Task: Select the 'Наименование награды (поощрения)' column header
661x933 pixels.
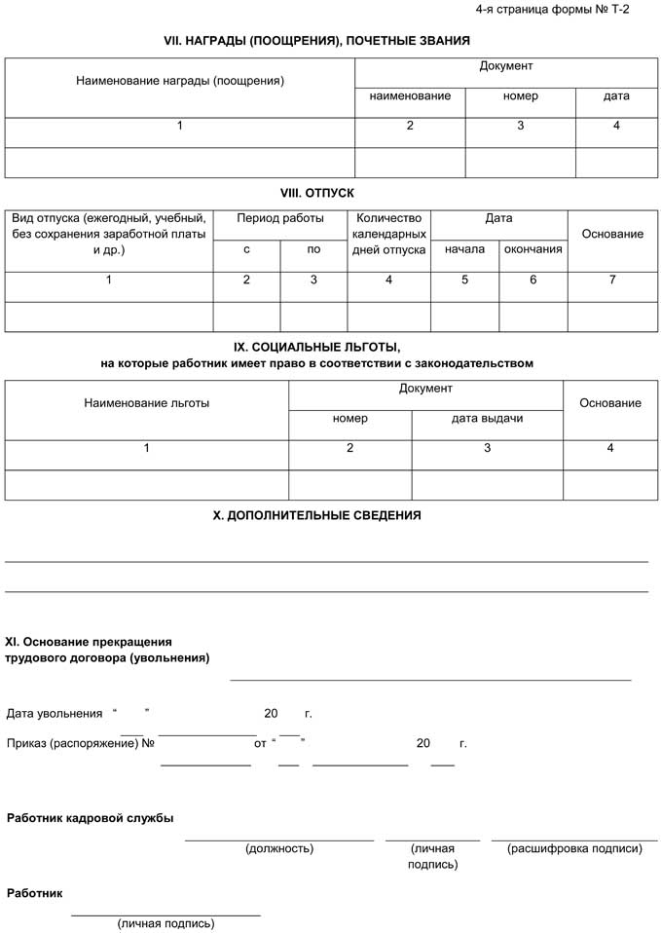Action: click(x=180, y=81)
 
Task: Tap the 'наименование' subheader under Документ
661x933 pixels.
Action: click(x=410, y=96)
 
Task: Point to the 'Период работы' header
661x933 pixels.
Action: click(x=279, y=219)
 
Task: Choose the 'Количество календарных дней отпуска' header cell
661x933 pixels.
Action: click(x=388, y=235)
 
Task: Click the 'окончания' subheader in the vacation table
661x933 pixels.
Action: click(x=532, y=249)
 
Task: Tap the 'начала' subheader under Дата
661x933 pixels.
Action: click(x=464, y=249)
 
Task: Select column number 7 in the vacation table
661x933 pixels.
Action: click(x=611, y=280)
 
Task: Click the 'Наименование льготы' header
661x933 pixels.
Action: click(x=147, y=403)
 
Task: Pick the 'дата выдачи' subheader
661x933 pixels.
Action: click(x=487, y=418)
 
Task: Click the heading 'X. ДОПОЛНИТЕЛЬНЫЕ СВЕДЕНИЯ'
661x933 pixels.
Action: click(x=316, y=515)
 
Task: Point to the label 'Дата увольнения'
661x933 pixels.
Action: click(x=55, y=714)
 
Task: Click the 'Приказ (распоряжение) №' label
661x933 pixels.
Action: click(x=81, y=743)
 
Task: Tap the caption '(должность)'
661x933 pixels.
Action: click(x=279, y=848)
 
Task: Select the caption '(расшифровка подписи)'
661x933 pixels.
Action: click(x=574, y=848)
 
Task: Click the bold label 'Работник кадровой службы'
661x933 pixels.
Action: click(x=91, y=818)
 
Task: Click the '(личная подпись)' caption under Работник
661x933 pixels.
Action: click(x=165, y=923)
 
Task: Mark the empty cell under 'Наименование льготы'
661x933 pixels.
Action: click(x=147, y=485)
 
